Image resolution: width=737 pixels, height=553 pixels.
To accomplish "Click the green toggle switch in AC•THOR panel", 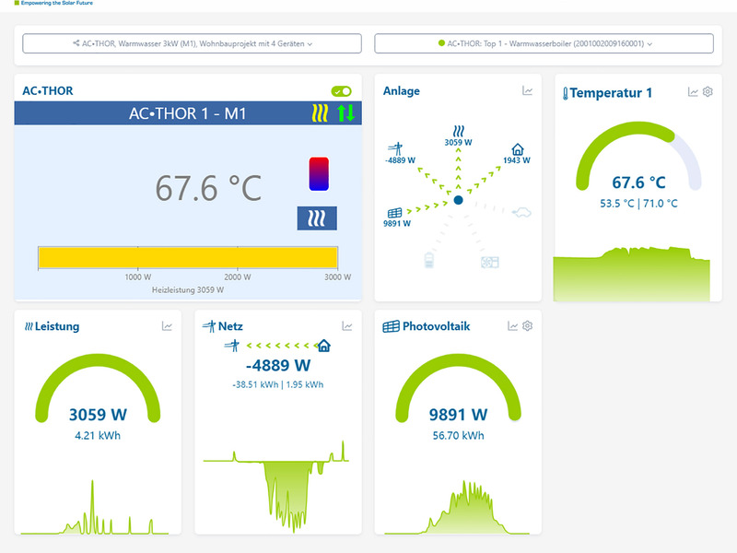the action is click(x=341, y=91).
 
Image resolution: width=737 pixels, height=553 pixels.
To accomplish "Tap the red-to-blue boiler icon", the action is click(x=319, y=174).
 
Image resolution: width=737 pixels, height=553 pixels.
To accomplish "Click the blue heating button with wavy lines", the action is click(x=317, y=218).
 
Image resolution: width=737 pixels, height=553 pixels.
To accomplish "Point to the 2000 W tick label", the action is click(x=238, y=277).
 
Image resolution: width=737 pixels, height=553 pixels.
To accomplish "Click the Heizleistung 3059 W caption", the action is click(x=188, y=290).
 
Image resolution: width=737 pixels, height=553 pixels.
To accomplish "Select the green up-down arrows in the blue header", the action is click(x=346, y=113).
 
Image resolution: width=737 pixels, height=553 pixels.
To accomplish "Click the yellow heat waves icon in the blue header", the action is click(x=320, y=113).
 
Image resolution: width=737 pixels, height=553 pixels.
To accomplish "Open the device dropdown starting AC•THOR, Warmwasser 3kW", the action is click(x=192, y=43).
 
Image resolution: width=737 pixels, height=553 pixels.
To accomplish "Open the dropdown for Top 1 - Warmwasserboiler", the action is click(x=544, y=43).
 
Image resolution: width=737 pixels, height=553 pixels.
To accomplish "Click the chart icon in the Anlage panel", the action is click(x=527, y=90).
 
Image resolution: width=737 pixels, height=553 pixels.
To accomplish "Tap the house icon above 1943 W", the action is click(x=518, y=149).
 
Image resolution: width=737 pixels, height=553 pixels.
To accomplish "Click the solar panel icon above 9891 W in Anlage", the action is click(x=395, y=213).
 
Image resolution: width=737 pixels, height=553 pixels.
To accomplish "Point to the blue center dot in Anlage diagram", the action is click(x=458, y=200).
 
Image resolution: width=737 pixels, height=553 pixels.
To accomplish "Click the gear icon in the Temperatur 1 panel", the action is click(x=708, y=91).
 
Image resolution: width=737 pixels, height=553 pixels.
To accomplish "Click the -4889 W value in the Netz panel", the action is click(x=278, y=365).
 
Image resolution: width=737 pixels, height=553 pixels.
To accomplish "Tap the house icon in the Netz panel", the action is click(x=324, y=346).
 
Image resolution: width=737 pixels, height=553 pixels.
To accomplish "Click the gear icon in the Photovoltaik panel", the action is click(x=527, y=326).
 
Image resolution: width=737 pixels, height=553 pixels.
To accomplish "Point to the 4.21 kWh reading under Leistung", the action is click(x=98, y=436).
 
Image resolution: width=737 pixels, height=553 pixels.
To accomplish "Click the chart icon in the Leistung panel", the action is click(x=167, y=326).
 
